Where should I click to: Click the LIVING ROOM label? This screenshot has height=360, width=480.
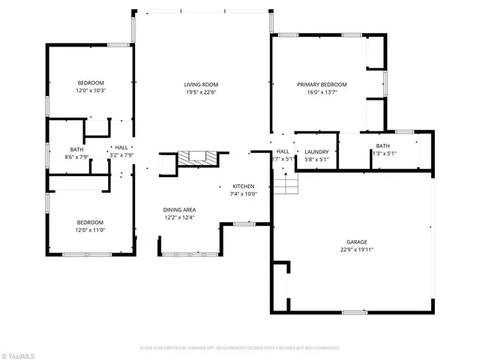(201, 85)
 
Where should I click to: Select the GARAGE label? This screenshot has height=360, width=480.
(356, 242)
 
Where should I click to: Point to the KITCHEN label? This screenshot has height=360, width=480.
(244, 186)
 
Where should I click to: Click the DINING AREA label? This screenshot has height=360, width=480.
(179, 210)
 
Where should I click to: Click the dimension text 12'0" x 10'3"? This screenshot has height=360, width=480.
(91, 90)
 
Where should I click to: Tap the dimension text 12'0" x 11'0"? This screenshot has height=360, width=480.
(91, 229)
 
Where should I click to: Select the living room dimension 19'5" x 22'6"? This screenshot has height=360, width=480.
(201, 92)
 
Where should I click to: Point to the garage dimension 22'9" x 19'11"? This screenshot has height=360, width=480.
(356, 250)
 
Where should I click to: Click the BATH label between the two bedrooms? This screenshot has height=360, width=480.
(76, 149)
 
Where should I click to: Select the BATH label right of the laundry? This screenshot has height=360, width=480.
(382, 146)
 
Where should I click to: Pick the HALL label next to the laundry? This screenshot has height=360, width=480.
(283, 151)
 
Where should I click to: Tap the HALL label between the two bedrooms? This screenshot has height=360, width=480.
(121, 148)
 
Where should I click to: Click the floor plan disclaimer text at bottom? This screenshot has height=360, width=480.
(240, 348)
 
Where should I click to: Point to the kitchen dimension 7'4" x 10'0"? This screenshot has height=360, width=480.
(244, 193)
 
